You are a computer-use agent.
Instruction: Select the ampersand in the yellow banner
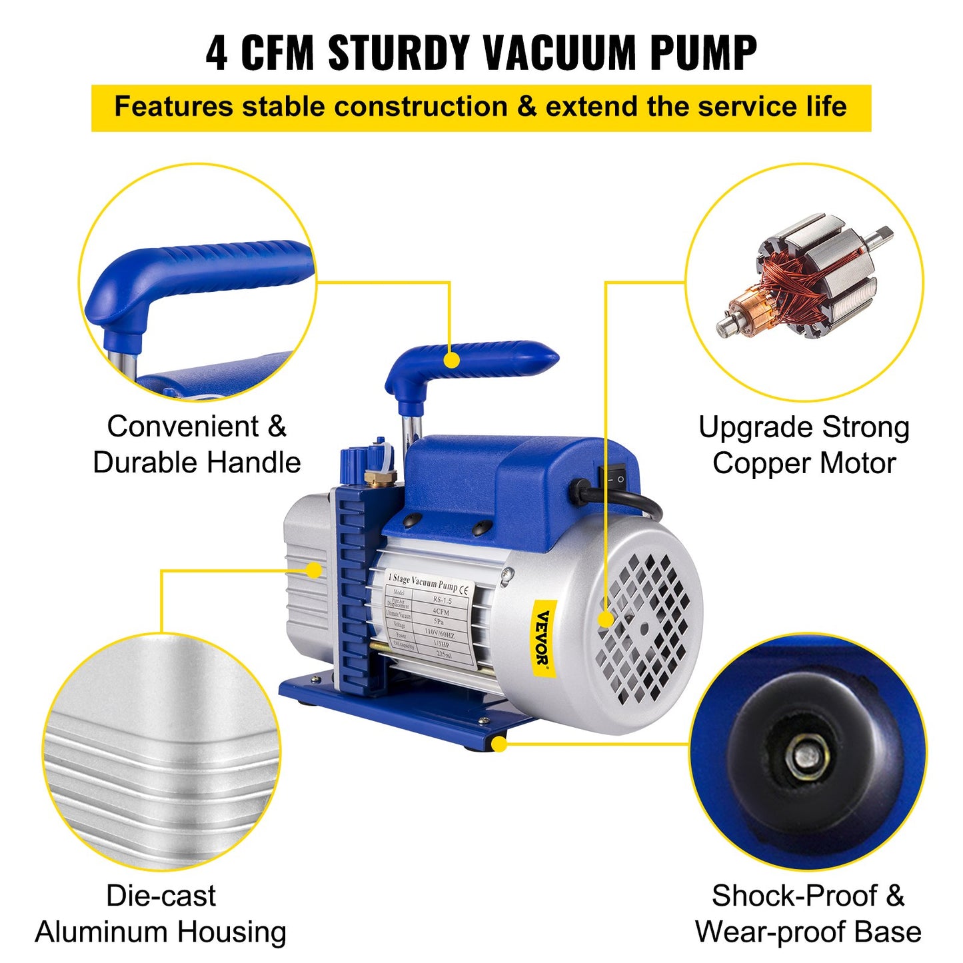click(x=526, y=107)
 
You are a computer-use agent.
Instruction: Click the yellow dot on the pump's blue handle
click(x=452, y=360)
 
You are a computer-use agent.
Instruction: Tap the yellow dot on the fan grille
click(x=605, y=620)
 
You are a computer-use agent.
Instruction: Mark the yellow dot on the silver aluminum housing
click(x=314, y=570)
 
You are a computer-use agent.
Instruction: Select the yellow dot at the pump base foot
click(x=498, y=744)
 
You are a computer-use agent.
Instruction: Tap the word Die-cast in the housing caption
click(x=161, y=896)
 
